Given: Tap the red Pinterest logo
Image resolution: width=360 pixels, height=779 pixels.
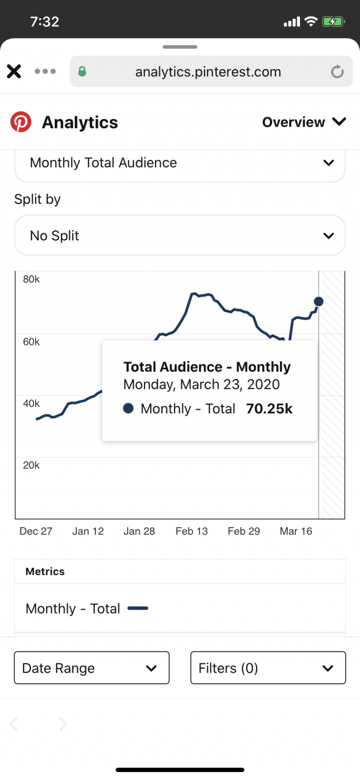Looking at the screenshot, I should tap(21, 122).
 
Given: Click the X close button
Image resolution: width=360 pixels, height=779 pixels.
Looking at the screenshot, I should tap(14, 71).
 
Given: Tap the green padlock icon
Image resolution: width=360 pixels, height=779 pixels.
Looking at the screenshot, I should tap(82, 71).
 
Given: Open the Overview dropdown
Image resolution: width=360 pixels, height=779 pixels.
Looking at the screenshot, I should tap(304, 122).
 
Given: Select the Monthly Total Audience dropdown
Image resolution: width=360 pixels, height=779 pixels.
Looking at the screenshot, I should tap(180, 163).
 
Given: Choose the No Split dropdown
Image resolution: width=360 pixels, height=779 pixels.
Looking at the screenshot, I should tap(180, 235).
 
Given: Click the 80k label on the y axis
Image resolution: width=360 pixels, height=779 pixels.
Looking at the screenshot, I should tap(31, 279).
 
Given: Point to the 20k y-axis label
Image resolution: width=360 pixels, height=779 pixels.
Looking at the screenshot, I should tap(31, 465).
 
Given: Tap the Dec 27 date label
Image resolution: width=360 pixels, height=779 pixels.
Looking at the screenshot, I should tap(36, 531).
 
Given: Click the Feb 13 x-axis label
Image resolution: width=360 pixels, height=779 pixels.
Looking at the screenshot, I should tap(191, 531).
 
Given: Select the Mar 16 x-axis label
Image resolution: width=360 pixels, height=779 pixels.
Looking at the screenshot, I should tap(296, 531).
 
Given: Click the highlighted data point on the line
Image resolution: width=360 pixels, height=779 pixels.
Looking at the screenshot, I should tap(319, 301).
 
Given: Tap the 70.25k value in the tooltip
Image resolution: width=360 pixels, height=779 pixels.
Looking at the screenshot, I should tap(269, 409).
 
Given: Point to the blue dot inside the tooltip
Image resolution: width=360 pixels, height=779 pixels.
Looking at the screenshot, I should tap(128, 408).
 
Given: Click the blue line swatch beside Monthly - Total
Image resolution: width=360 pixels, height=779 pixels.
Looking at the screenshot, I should tap(138, 608).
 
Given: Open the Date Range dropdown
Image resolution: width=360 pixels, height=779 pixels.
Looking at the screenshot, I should tap(91, 668).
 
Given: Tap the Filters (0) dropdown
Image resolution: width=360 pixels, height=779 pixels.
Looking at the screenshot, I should tap(268, 668).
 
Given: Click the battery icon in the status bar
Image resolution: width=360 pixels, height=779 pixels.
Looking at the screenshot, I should tap(333, 22).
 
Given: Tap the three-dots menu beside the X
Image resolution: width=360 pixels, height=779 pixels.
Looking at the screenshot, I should tap(45, 71).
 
